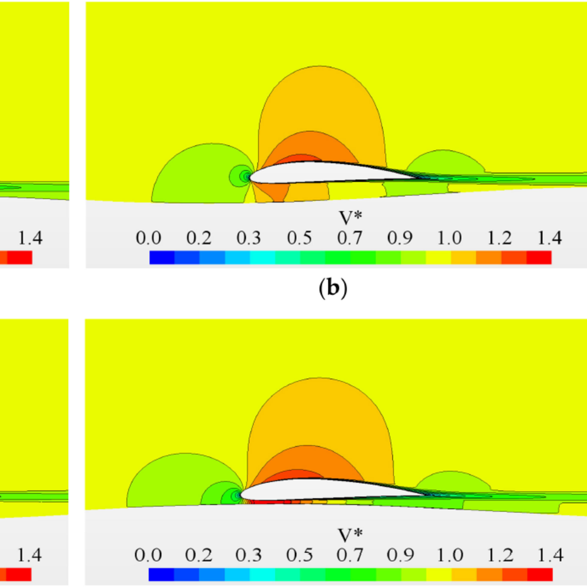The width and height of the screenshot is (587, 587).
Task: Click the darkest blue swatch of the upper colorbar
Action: (x=162, y=257)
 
